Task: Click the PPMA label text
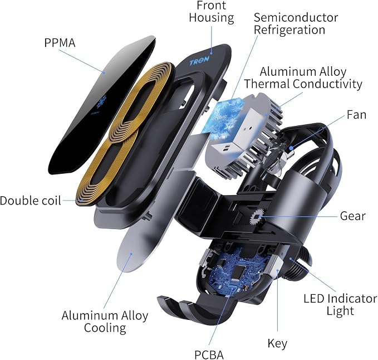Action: [60, 43]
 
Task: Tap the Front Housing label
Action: [212, 12]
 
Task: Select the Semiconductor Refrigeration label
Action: [296, 23]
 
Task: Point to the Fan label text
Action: [356, 115]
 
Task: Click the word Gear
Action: [353, 216]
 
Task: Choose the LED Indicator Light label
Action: [340, 304]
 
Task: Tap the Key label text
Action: [277, 343]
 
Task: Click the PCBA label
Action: [209, 355]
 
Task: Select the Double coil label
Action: [31, 201]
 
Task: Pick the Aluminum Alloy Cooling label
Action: [105, 322]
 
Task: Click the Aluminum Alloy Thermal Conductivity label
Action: [303, 77]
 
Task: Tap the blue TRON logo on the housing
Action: [199, 62]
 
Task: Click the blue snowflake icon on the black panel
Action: [101, 101]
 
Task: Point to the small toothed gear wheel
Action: [258, 217]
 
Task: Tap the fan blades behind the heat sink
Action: [282, 154]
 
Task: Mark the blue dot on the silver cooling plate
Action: [131, 254]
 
